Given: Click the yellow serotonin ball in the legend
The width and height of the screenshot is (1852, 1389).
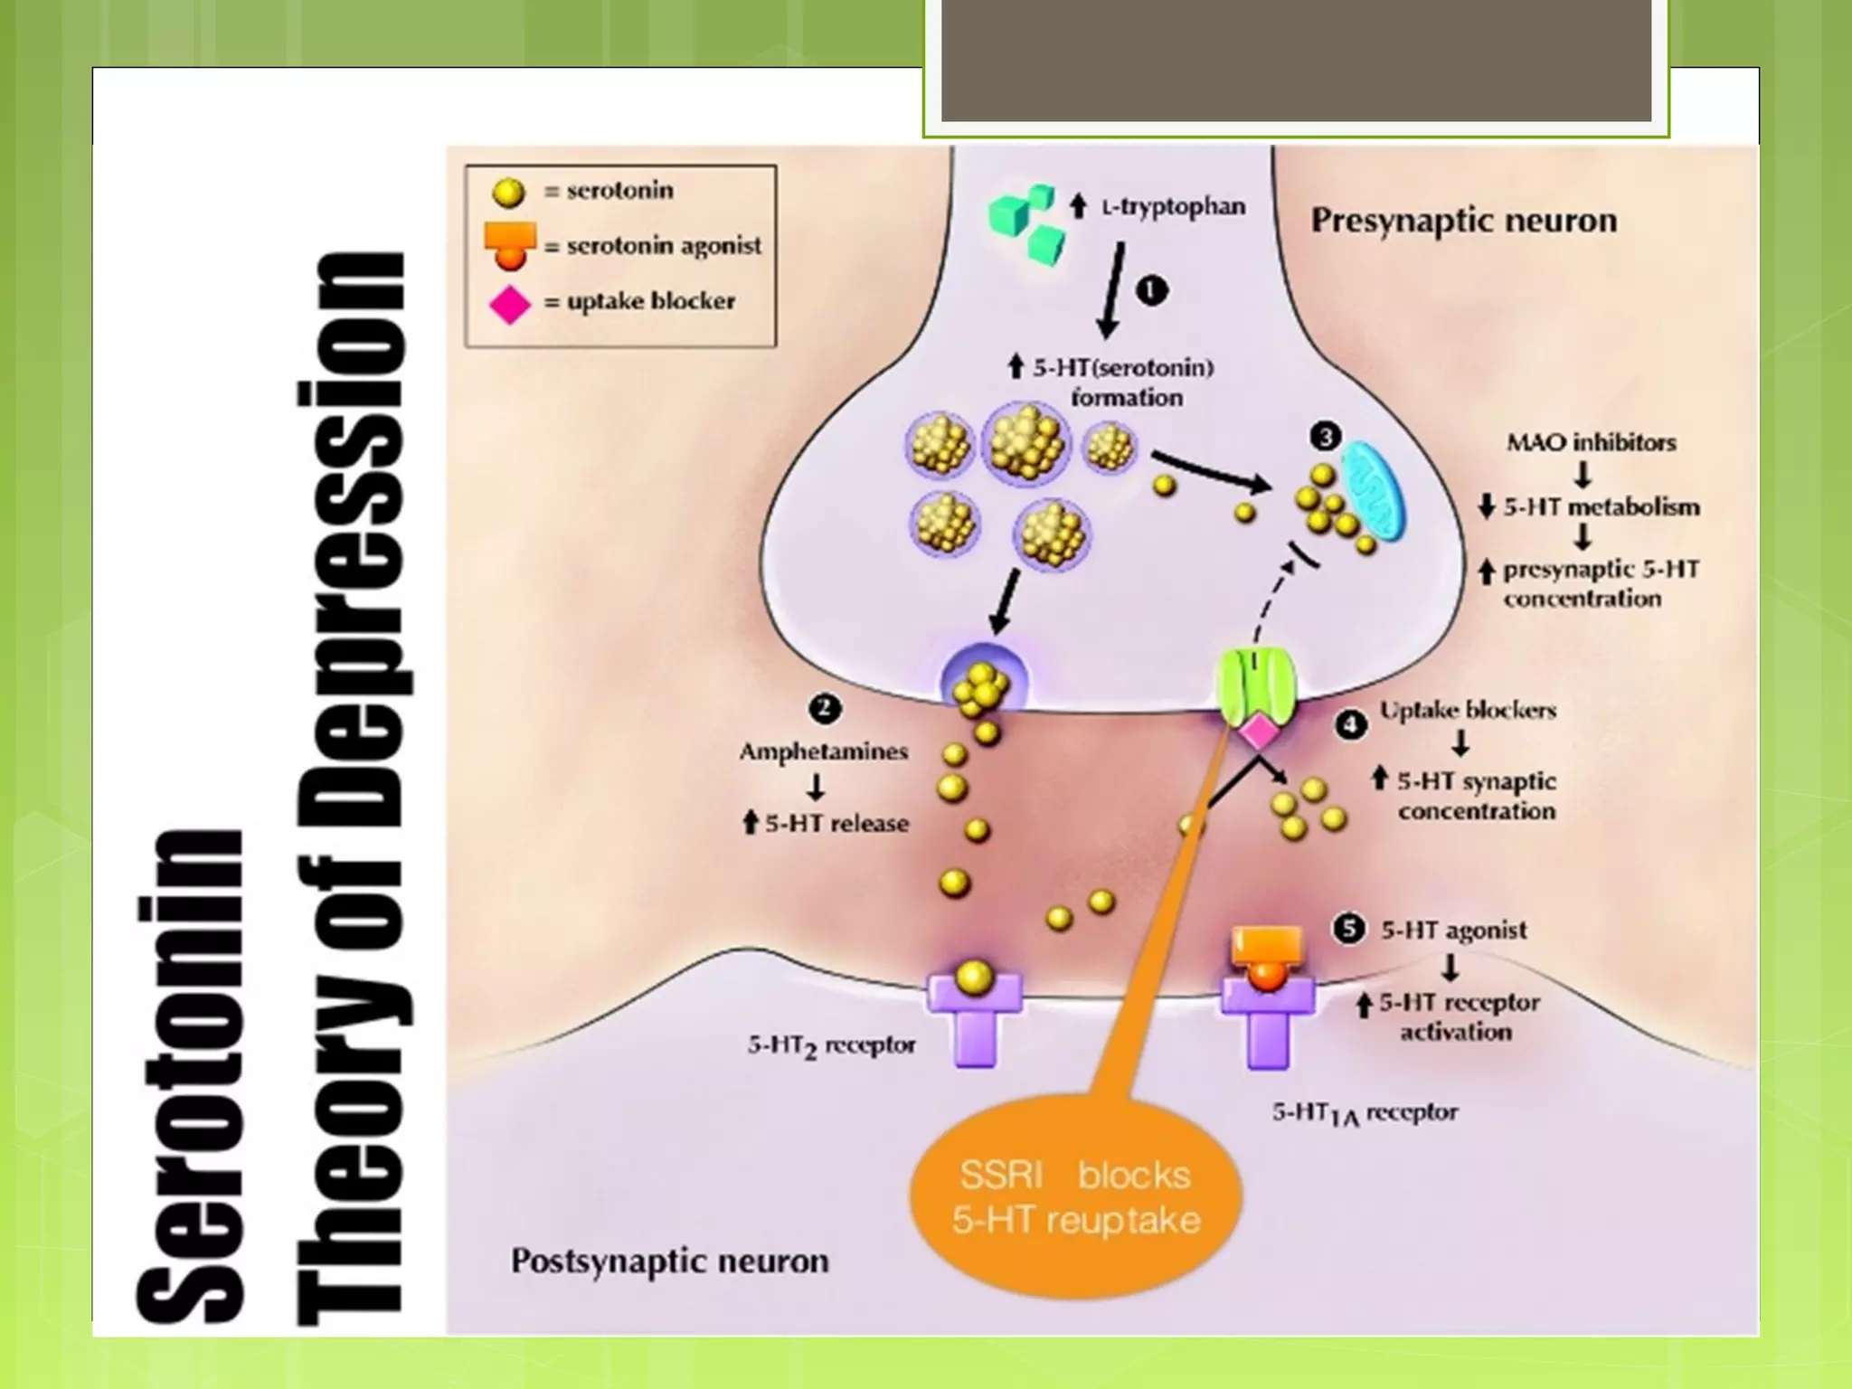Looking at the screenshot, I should pos(508,192).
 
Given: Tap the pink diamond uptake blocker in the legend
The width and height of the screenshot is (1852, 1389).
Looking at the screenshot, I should pos(510,304).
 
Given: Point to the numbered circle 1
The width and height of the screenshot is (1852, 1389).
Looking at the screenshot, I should pos(1151,291).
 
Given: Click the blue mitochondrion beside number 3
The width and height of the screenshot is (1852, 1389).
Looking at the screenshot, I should pos(1373,492).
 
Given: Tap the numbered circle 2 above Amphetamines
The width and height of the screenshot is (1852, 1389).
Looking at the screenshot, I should pos(825,708).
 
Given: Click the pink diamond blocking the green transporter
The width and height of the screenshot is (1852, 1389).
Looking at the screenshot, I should pos(1258,732).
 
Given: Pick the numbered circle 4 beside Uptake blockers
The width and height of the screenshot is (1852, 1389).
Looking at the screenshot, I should pos(1351,724).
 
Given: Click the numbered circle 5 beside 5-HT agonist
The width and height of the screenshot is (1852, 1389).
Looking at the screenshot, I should pos(1349,929).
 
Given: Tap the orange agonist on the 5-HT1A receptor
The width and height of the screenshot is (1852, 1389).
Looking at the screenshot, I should pos(1267,960).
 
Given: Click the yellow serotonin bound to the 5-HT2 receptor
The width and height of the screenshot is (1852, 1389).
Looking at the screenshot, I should pos(974,977).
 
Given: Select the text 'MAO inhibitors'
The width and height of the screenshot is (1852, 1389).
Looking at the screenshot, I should pos(1591,443).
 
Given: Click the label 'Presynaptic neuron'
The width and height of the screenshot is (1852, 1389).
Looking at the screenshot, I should pos(1464,221).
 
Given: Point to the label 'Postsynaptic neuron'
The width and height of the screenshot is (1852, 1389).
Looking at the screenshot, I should pos(669,1261).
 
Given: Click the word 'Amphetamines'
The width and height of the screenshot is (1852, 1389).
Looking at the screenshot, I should pos(824,752).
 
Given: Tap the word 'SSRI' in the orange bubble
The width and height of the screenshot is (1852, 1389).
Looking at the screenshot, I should pos(1001,1175).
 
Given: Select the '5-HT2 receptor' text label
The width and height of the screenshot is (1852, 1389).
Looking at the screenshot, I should pos(831,1046).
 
